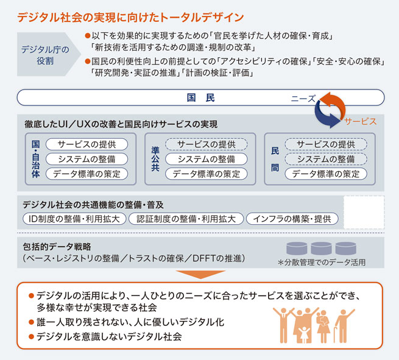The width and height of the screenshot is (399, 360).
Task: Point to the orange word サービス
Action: pyautogui.click(x=361, y=121)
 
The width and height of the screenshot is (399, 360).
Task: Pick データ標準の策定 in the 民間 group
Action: pyautogui.click(x=325, y=174)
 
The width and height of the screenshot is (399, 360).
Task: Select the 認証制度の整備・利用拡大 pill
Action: pyautogui.click(x=186, y=218)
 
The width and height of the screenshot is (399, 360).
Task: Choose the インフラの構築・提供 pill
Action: pyautogui.click(x=292, y=218)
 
